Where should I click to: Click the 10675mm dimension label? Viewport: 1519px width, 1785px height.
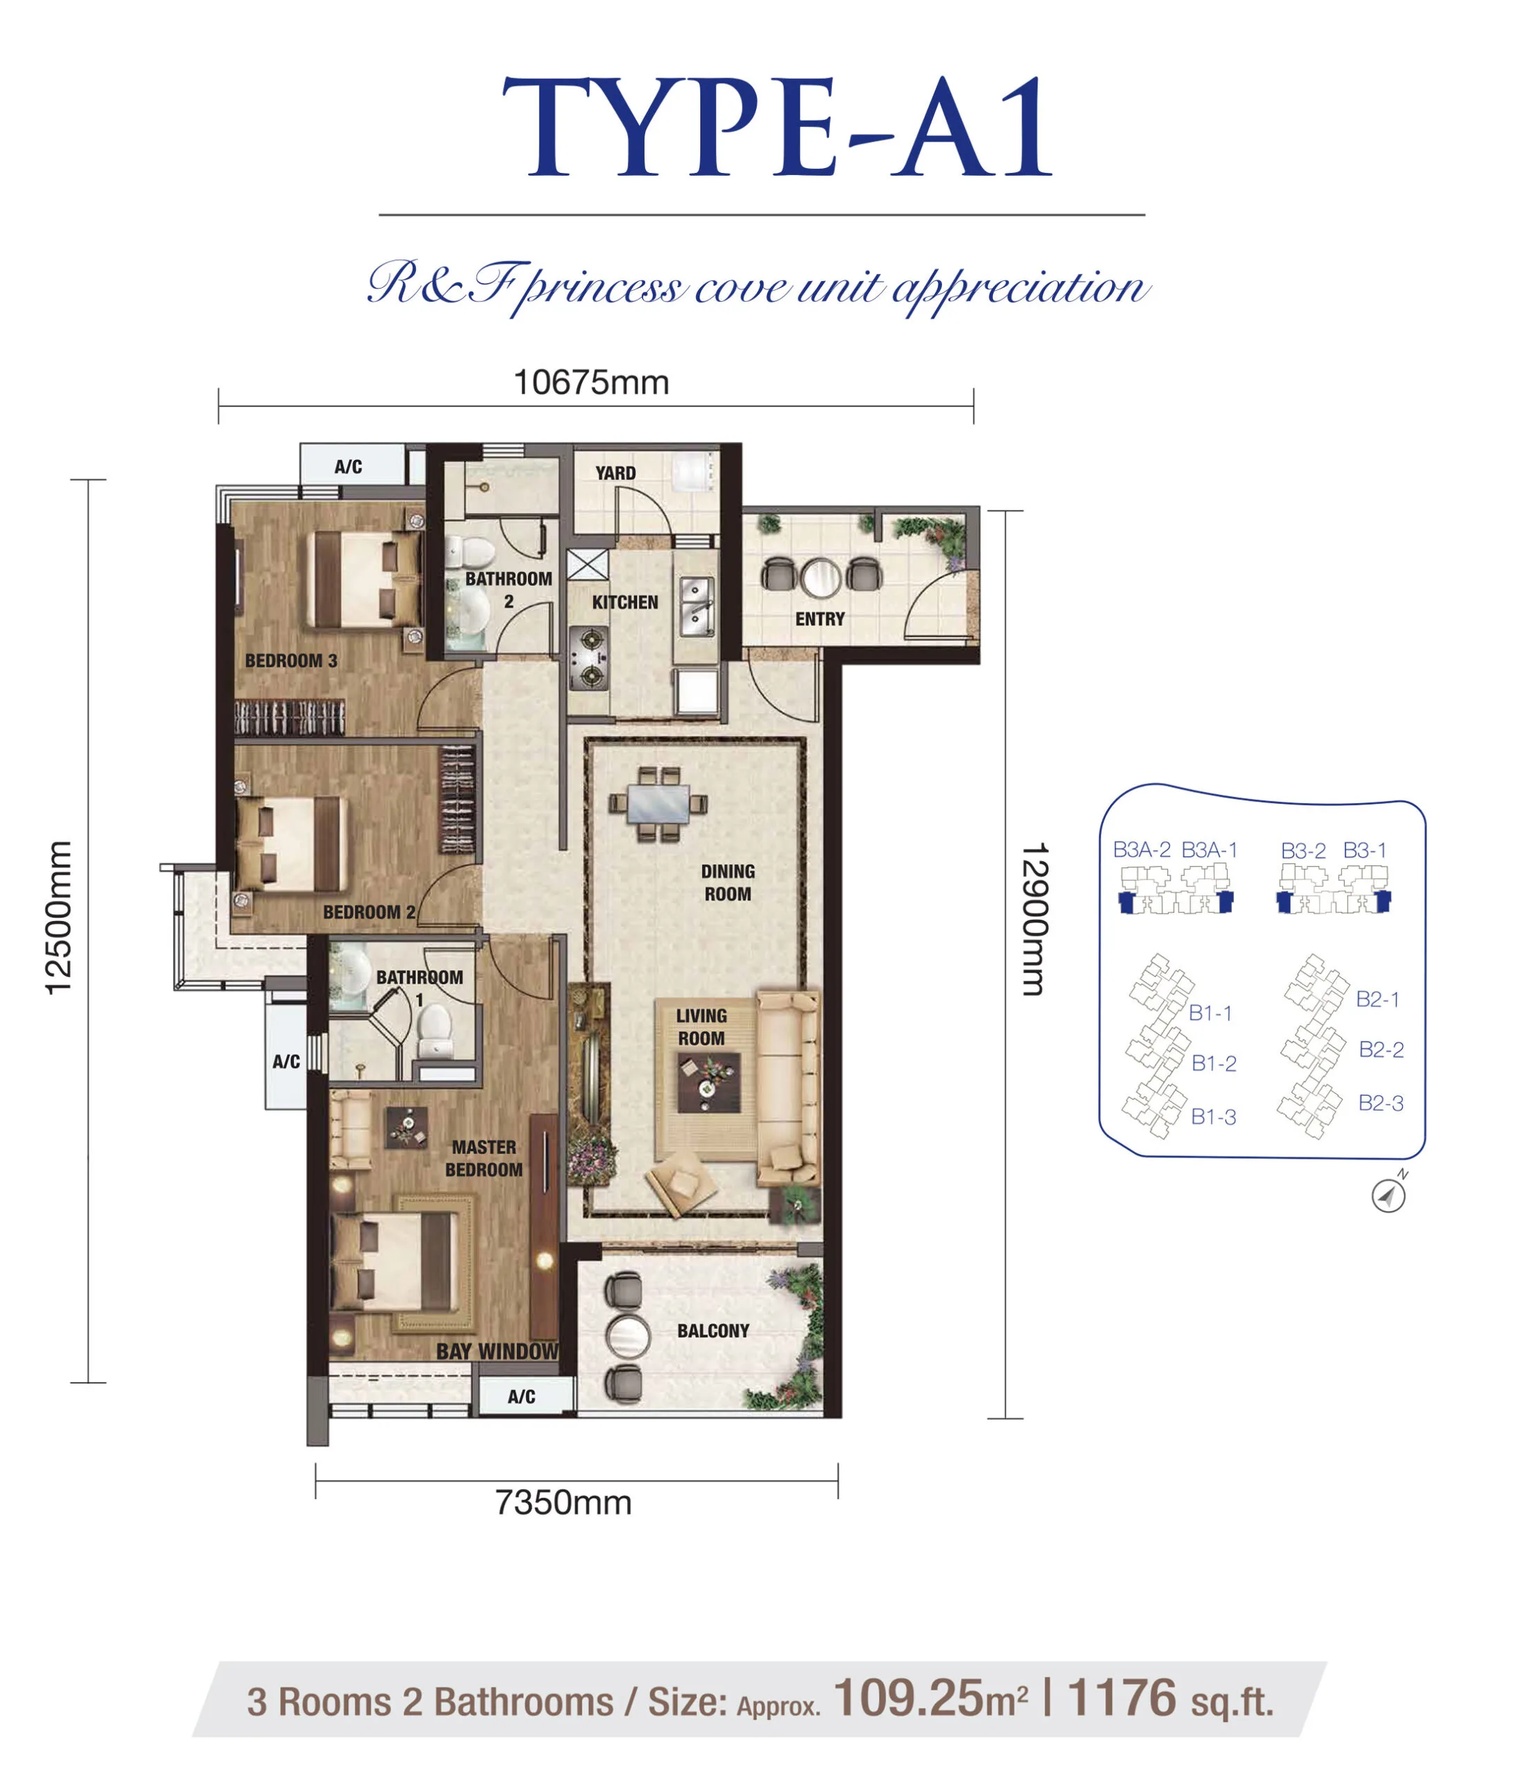pyautogui.click(x=591, y=383)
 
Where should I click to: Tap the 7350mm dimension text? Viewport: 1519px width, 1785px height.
pyautogui.click(x=563, y=1503)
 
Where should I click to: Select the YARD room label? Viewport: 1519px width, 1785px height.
pyautogui.click(x=616, y=473)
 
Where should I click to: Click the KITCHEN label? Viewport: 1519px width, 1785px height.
pyautogui.click(x=625, y=602)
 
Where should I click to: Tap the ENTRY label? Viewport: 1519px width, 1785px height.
pyautogui.click(x=820, y=618)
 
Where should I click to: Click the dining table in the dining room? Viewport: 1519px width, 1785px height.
pyautogui.click(x=658, y=804)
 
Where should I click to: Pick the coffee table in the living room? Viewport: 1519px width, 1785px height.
pyautogui.click(x=709, y=1083)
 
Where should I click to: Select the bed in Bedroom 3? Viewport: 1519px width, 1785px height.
pyautogui.click(x=364, y=579)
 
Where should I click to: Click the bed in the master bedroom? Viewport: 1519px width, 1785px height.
pyautogui.click(x=393, y=1263)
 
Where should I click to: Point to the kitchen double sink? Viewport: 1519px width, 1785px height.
pyautogui.click(x=697, y=607)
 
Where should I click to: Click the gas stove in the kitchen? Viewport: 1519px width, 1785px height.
pyautogui.click(x=589, y=659)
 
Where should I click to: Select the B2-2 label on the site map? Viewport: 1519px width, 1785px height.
pyautogui.click(x=1381, y=1049)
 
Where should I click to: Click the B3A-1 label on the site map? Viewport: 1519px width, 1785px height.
pyautogui.click(x=1209, y=849)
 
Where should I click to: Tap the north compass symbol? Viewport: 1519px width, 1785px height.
pyautogui.click(x=1389, y=1195)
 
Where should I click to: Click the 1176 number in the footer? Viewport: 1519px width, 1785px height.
pyautogui.click(x=1121, y=1698)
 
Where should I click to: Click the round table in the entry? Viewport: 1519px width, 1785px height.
pyautogui.click(x=821, y=577)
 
